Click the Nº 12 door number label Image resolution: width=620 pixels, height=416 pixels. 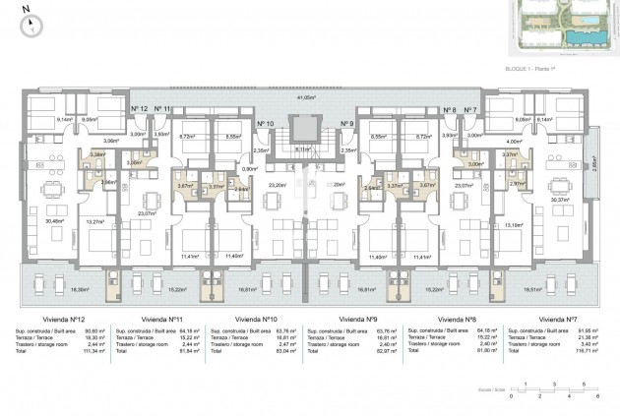click(x=139, y=109)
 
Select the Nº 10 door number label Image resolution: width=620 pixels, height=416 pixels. click(x=265, y=123)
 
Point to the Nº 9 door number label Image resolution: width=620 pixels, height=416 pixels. click(x=346, y=123)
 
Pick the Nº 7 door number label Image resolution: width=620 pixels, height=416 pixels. click(x=470, y=110)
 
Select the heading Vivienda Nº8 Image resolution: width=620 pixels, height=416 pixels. click(x=458, y=320)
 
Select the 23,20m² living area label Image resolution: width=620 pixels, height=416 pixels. click(x=277, y=185)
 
